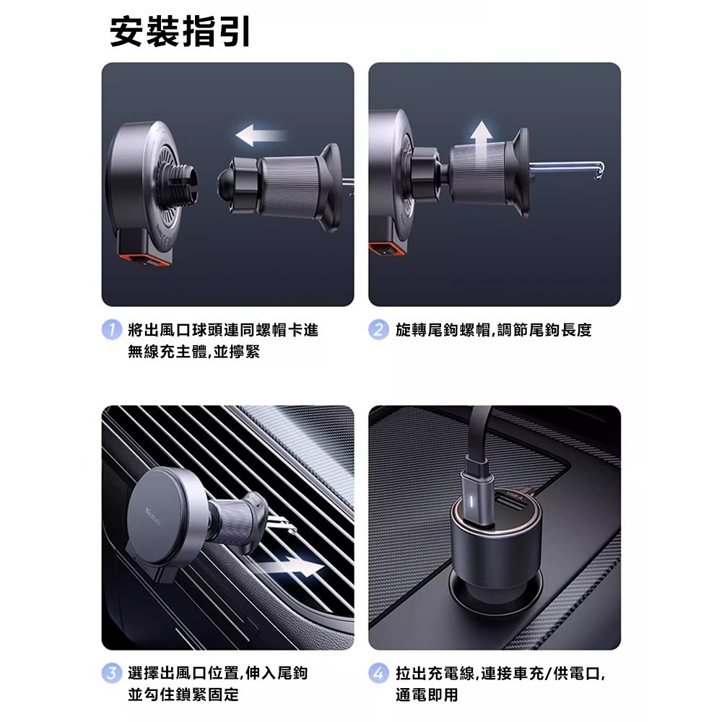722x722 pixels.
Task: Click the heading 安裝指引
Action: point(180,33)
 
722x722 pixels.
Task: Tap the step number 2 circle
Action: point(378,331)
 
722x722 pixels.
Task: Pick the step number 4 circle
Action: point(378,674)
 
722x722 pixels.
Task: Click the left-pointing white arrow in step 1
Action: point(261,135)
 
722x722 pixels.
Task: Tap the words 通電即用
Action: point(427,695)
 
